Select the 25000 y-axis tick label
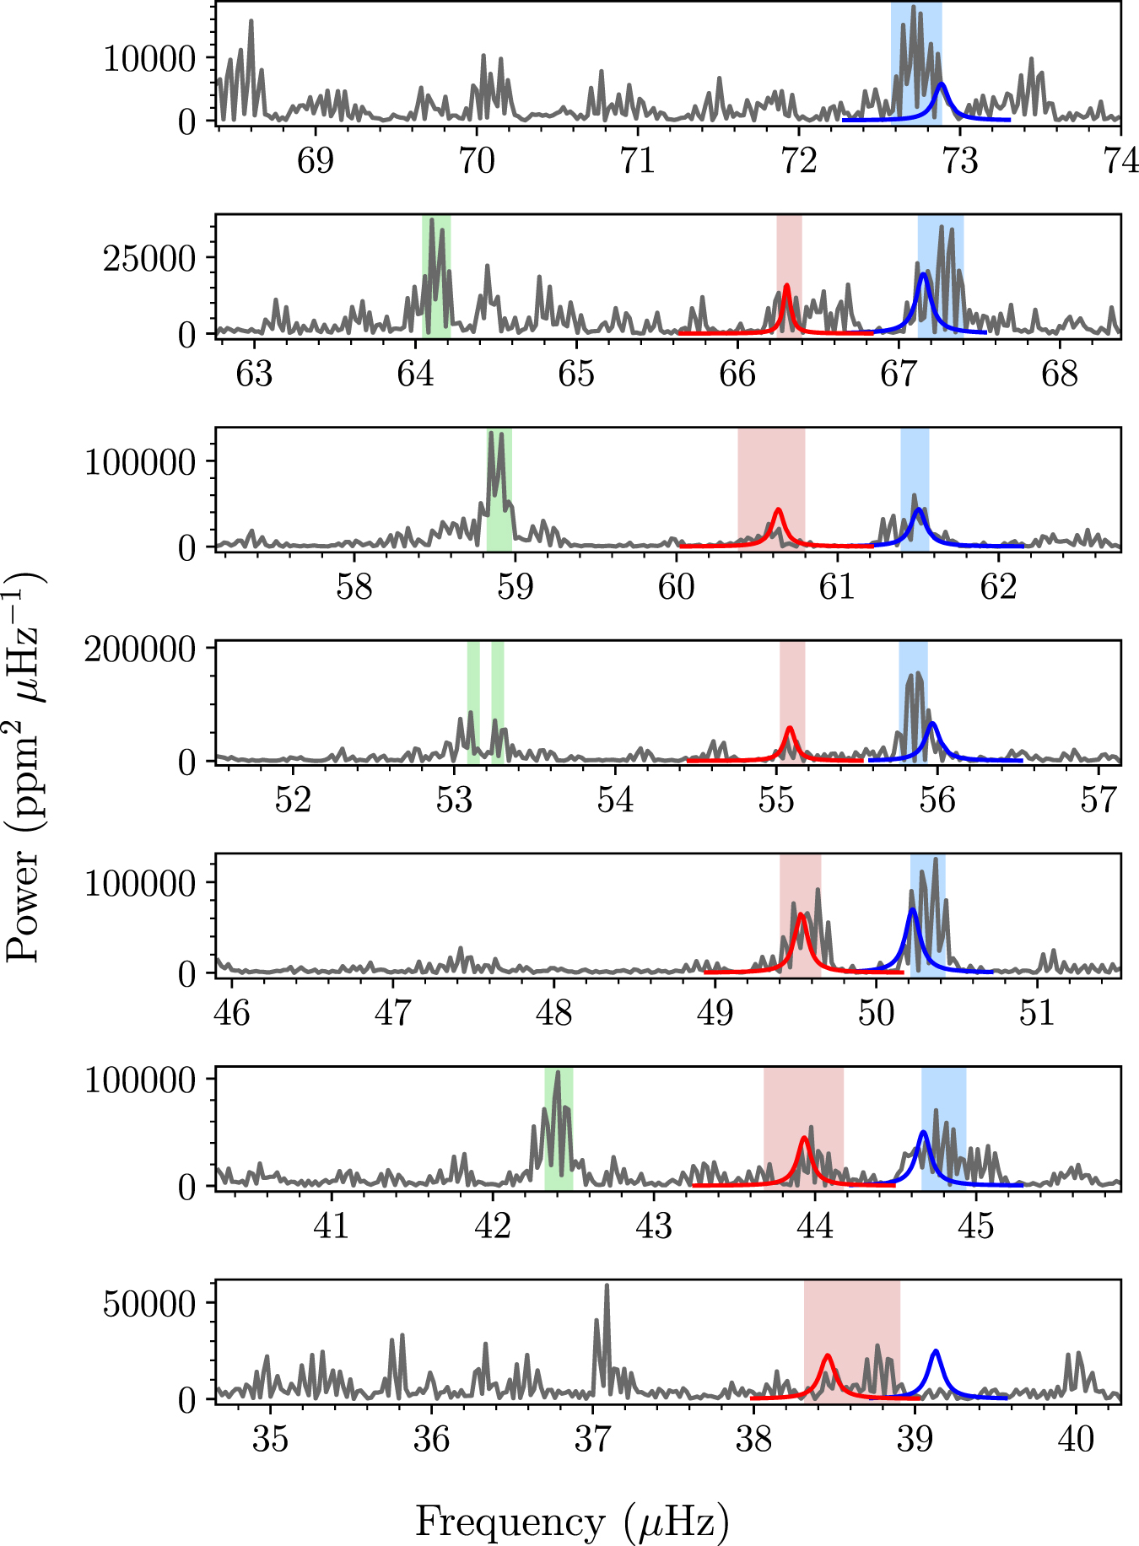(x=149, y=259)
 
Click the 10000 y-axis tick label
(x=149, y=59)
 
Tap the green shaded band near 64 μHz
(x=436, y=276)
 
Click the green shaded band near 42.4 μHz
(x=559, y=1128)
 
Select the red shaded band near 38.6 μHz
(x=852, y=1339)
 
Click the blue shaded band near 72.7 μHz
(x=916, y=64)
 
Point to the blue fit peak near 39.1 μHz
(x=935, y=1351)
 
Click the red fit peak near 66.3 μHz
(x=787, y=286)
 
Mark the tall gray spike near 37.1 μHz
(x=607, y=1286)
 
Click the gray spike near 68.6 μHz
(x=251, y=22)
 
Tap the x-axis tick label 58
(x=354, y=587)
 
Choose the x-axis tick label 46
(x=232, y=1012)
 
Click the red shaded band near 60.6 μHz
(x=771, y=488)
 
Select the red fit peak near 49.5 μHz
(x=802, y=915)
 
